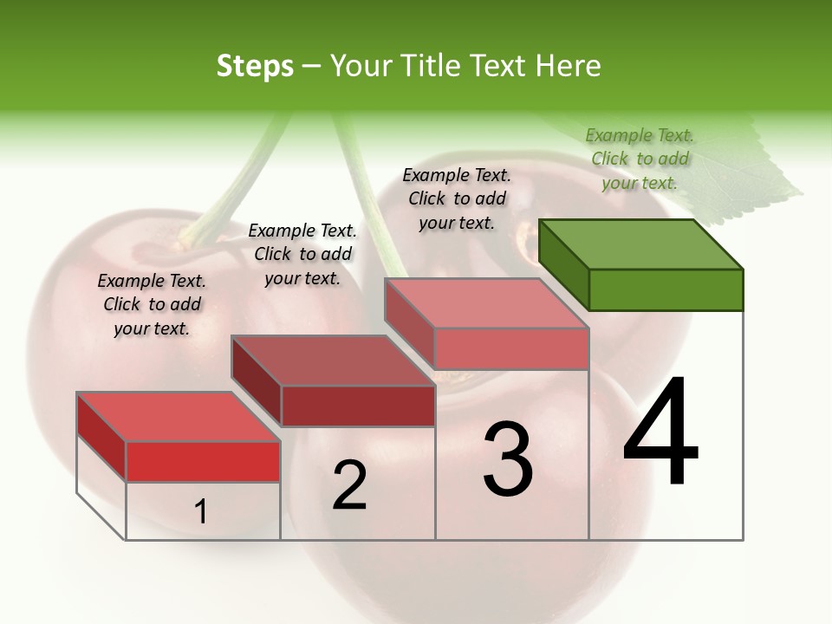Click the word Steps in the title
tap(255, 66)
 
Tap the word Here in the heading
tap(569, 66)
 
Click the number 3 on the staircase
tap(508, 458)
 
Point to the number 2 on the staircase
tap(349, 485)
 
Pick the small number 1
tap(201, 512)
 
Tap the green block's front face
tap(666, 289)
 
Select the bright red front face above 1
tap(203, 461)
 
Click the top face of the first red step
tap(178, 417)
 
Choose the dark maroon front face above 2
tap(358, 406)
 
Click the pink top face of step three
tap(487, 303)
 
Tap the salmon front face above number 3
tap(511, 348)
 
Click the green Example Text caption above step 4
tap(640, 159)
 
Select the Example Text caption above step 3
tap(457, 198)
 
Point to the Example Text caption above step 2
tap(302, 254)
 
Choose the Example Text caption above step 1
tap(152, 304)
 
